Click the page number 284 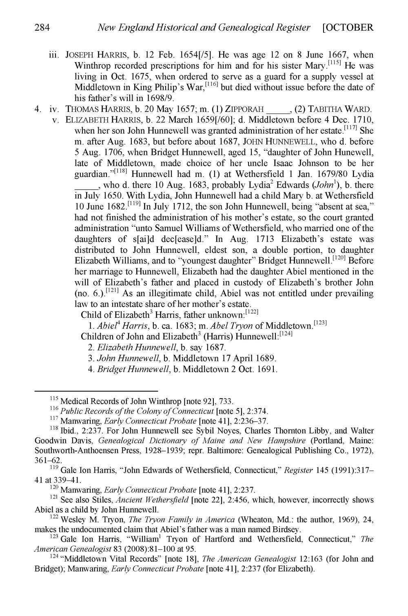pos(42,28)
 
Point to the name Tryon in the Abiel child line pos(241,326)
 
